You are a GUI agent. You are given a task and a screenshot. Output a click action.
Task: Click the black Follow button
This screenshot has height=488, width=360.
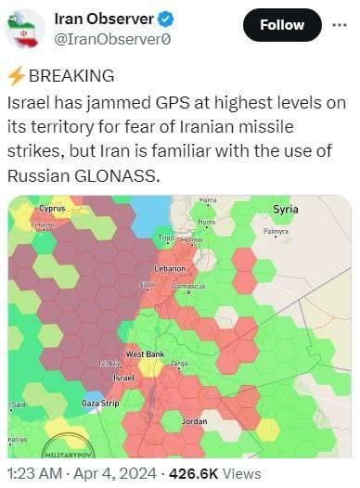[x=282, y=25]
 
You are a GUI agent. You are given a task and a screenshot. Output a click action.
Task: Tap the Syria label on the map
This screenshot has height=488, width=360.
[x=285, y=210]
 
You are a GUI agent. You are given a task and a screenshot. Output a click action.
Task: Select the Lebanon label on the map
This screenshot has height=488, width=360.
[x=170, y=268]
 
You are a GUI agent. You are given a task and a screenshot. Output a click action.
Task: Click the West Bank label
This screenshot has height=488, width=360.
[x=145, y=354]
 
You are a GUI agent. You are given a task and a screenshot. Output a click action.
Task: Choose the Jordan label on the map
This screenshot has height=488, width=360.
[x=193, y=421]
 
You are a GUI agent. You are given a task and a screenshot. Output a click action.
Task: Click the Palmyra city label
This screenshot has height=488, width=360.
[x=276, y=231]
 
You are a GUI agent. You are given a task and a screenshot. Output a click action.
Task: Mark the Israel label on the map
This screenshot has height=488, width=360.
[x=123, y=379]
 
